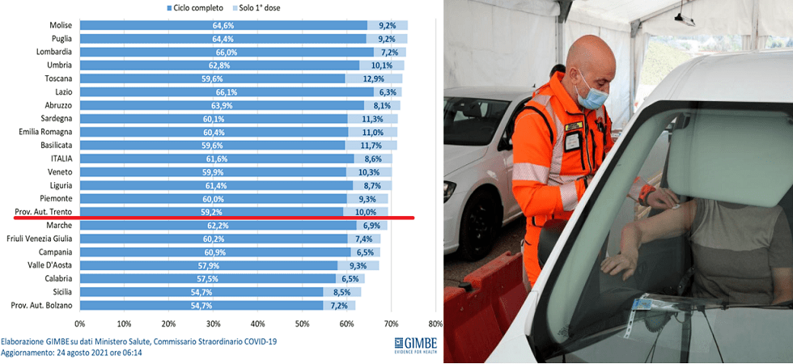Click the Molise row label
[x=61, y=25]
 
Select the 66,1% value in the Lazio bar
[x=227, y=92]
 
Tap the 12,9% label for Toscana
[x=374, y=78]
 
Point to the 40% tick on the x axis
[x=257, y=324]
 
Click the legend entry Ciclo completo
[x=199, y=7]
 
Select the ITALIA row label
[x=60, y=159]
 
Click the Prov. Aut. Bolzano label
[x=42, y=305]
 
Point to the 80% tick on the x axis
[x=435, y=324]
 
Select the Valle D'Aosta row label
[x=50, y=265]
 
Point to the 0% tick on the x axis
[x=80, y=324]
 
